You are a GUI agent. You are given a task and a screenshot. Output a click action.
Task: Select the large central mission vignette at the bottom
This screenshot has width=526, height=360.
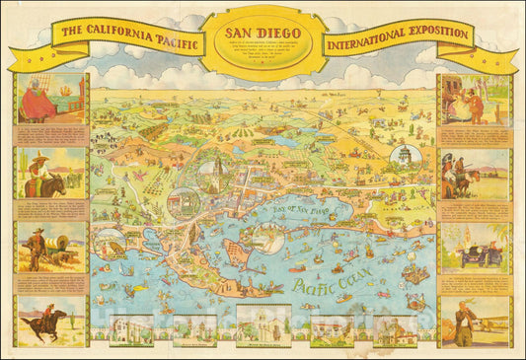263,325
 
